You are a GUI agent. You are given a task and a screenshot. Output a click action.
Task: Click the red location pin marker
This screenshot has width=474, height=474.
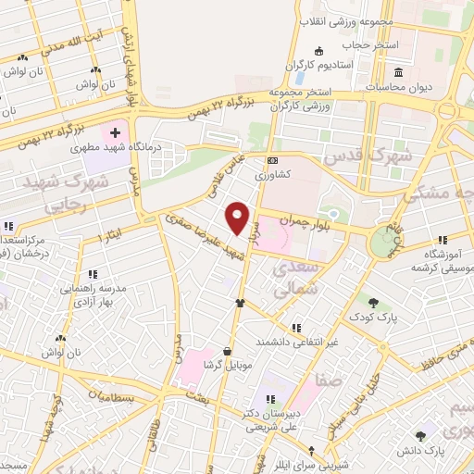point(239,217)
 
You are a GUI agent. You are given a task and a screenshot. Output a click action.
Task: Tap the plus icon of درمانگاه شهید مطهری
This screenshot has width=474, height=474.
point(114,134)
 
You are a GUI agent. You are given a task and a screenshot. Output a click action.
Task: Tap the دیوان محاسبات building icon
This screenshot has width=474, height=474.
point(399,73)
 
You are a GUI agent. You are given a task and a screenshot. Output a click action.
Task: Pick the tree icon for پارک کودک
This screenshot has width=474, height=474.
point(373,302)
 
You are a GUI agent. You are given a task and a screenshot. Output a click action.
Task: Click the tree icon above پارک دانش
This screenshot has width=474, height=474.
point(421,433)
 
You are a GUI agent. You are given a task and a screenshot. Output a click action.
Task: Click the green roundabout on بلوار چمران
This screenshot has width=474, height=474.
point(382,243)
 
